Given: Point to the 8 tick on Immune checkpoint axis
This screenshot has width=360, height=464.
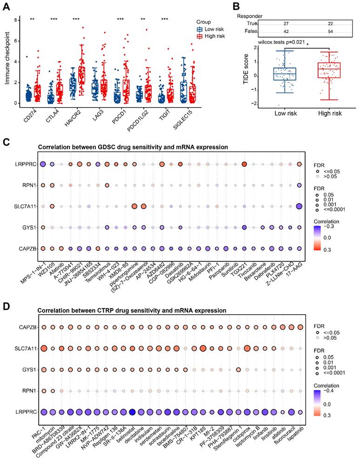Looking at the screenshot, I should (x=16, y=20).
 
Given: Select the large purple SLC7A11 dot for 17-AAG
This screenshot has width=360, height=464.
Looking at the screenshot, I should (x=300, y=206).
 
